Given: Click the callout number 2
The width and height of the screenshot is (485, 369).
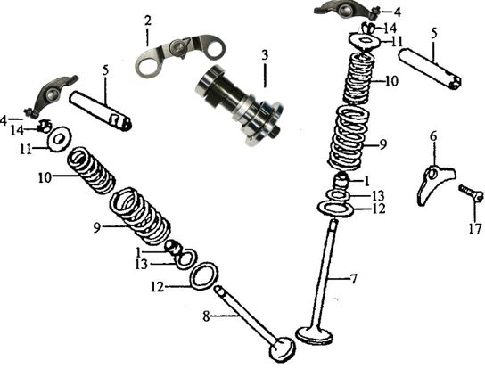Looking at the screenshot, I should tap(148, 20).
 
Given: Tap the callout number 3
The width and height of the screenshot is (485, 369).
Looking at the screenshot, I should tap(264, 56).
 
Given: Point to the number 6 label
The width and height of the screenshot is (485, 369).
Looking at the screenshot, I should tap(433, 136).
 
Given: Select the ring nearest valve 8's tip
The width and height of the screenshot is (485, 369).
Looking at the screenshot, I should tap(206, 274).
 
